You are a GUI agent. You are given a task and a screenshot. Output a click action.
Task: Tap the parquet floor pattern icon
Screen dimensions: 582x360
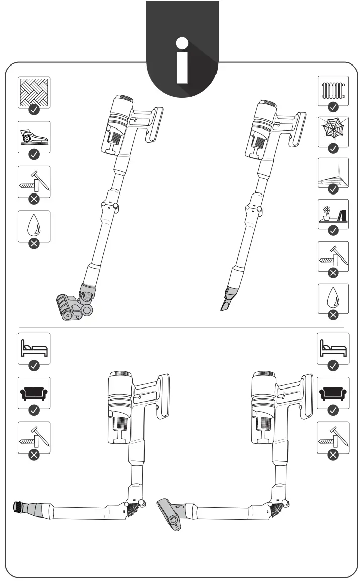click(x=34, y=92)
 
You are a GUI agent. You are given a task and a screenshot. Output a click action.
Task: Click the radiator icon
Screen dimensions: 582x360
click(x=333, y=91)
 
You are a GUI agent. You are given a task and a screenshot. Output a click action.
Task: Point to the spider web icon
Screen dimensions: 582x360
click(x=333, y=132)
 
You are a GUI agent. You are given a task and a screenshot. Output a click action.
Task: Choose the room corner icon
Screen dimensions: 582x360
click(x=333, y=173)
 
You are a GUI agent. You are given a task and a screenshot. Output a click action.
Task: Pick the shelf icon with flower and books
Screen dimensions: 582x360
click(x=333, y=214)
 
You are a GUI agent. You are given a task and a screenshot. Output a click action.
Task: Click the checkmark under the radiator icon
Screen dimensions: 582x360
click(x=333, y=107)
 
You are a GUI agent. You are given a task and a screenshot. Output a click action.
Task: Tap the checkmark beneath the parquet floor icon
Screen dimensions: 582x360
click(x=34, y=109)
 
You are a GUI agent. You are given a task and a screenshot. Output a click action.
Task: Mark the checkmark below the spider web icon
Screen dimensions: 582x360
click(x=333, y=148)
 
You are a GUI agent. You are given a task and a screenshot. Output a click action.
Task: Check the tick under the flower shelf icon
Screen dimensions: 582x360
click(x=333, y=231)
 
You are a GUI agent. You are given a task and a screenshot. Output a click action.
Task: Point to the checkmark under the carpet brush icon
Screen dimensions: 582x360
click(x=34, y=154)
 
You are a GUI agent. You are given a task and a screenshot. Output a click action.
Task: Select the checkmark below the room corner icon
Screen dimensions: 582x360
click(x=333, y=189)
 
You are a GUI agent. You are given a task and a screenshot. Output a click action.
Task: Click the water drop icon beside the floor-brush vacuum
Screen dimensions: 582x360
click(x=34, y=226)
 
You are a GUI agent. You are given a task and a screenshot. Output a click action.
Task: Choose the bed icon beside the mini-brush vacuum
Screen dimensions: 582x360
click(x=333, y=348)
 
